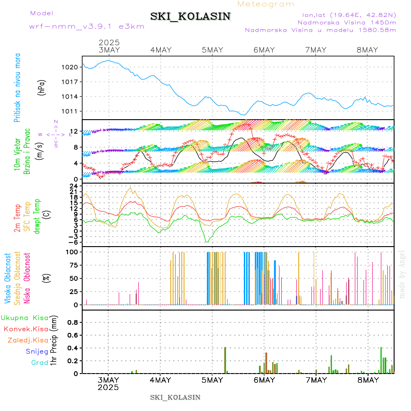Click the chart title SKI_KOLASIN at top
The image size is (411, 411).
(x=190, y=16)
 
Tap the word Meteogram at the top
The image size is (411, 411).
(x=266, y=4)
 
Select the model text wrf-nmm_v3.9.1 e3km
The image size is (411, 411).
(x=87, y=26)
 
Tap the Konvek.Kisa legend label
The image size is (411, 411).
(x=26, y=329)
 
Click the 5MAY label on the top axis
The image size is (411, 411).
(x=212, y=50)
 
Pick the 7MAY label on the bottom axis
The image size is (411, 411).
(x=316, y=380)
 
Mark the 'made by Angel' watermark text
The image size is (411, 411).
(x=402, y=274)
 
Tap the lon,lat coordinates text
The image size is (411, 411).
(x=346, y=15)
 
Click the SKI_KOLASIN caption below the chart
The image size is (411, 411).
(x=175, y=397)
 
